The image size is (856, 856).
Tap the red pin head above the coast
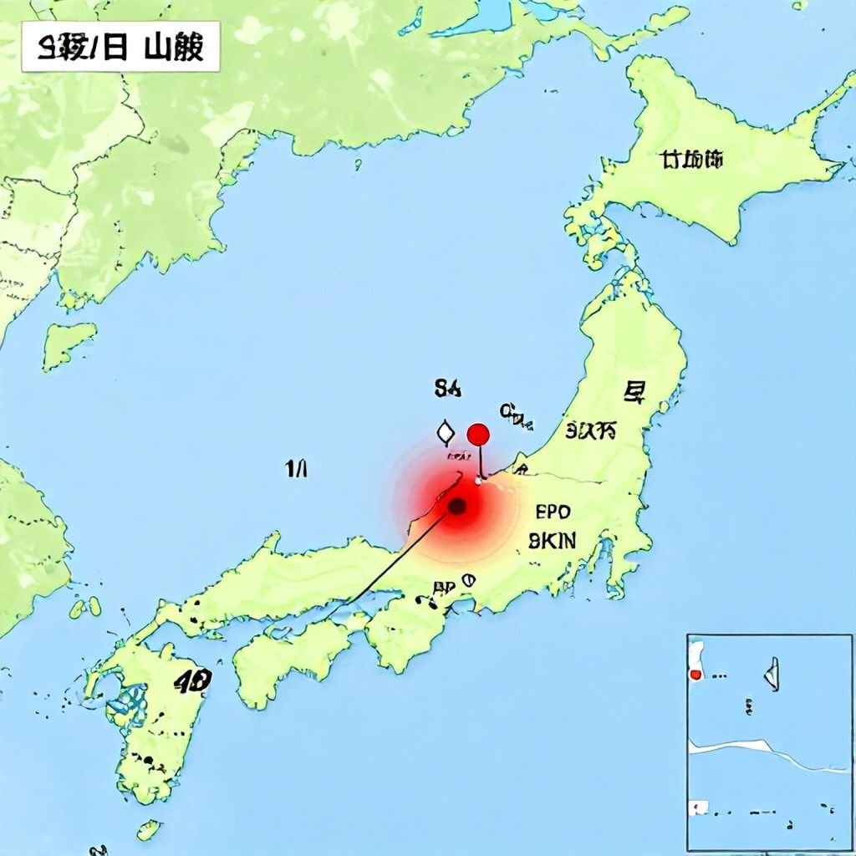pos(478,434)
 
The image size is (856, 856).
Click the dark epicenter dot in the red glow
pos(457,507)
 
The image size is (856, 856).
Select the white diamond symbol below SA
pos(445,432)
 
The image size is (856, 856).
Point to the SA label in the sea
pos(447,387)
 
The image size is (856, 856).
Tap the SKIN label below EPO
pos(553,541)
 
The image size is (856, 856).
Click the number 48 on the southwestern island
pos(192,681)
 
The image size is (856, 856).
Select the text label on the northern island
pos(690,159)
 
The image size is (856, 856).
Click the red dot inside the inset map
pos(694,674)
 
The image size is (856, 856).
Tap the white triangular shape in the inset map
pos(772,673)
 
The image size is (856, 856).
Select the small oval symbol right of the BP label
pos(468,579)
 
